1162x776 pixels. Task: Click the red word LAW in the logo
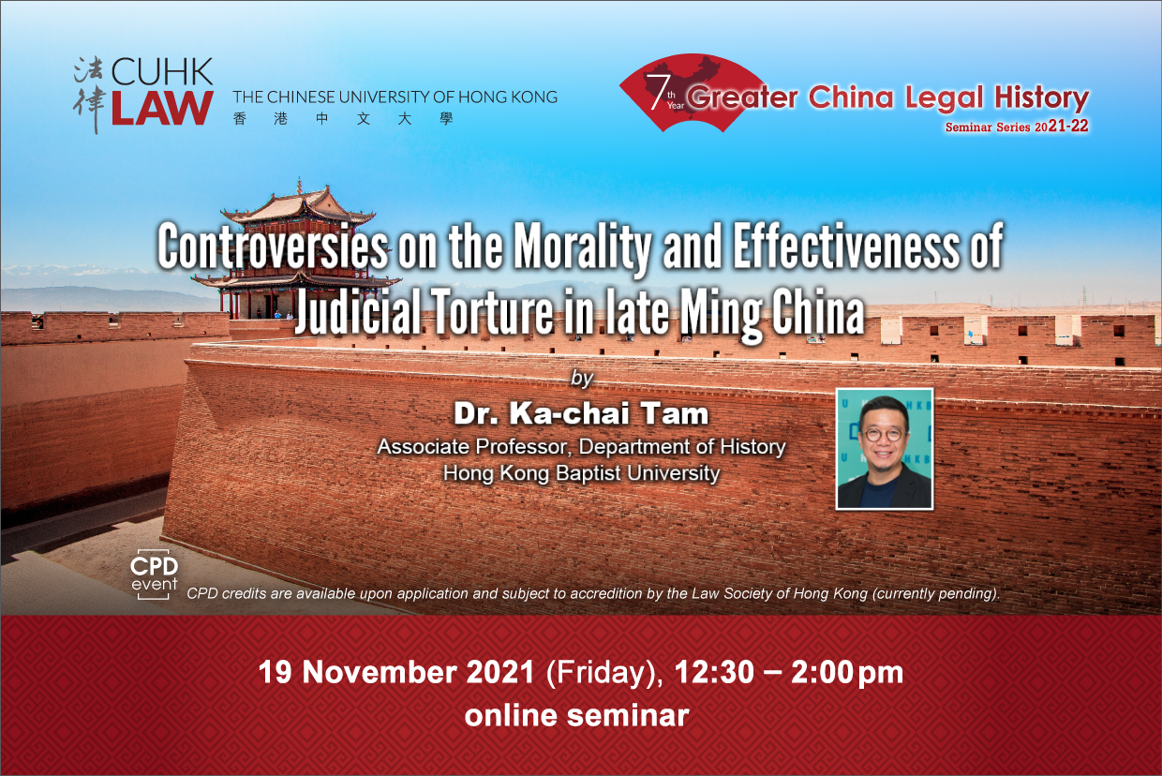pyautogui.click(x=162, y=109)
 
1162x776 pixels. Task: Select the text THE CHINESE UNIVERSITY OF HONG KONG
pyautogui.click(x=395, y=97)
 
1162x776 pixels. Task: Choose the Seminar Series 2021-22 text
pyautogui.click(x=1017, y=127)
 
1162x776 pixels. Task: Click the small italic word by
pyautogui.click(x=582, y=378)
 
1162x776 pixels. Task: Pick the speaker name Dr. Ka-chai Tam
pyautogui.click(x=581, y=414)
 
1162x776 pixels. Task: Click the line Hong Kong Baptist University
pyautogui.click(x=582, y=473)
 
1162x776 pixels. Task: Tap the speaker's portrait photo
pyautogui.click(x=885, y=449)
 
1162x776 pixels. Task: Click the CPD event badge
pyautogui.click(x=154, y=575)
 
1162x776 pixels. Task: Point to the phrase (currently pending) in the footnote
pyautogui.click(x=935, y=593)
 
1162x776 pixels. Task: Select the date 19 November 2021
pyautogui.click(x=396, y=672)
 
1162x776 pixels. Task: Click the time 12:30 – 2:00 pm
pyautogui.click(x=788, y=673)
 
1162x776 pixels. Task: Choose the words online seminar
pyautogui.click(x=577, y=716)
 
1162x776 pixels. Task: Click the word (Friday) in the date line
pyautogui.click(x=604, y=674)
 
